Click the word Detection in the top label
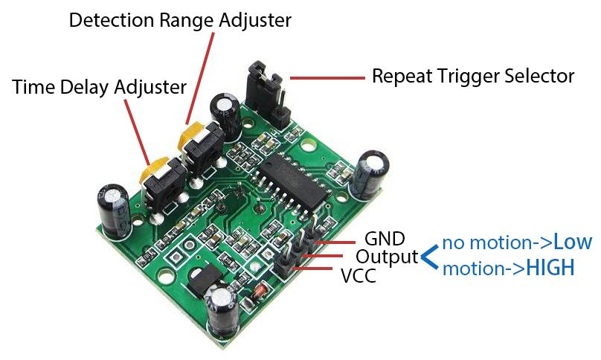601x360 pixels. click(x=112, y=20)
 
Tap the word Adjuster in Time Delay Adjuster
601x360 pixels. click(x=150, y=87)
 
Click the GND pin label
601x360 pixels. click(x=385, y=239)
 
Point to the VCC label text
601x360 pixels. click(x=359, y=275)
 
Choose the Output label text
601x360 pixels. click(x=387, y=257)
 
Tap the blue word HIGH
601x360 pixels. click(x=550, y=268)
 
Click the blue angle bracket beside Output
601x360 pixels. click(x=430, y=257)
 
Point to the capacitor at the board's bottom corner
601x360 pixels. click(x=222, y=311)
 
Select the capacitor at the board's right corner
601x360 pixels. click(x=368, y=175)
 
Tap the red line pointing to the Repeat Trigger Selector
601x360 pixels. click(x=327, y=78)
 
